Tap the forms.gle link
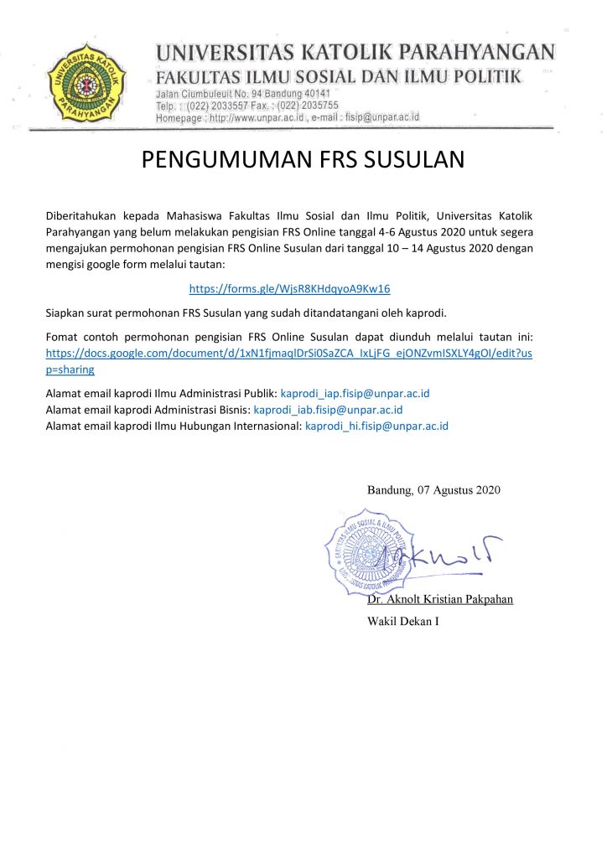289,288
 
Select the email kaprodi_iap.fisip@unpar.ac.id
355,393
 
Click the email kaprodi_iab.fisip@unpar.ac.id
328,410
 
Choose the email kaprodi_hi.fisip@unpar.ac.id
376,426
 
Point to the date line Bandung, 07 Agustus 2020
433,489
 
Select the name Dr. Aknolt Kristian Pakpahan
439,599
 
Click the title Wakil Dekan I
402,621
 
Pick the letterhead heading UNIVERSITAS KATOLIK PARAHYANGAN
355,53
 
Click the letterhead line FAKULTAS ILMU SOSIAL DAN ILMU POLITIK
339,78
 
